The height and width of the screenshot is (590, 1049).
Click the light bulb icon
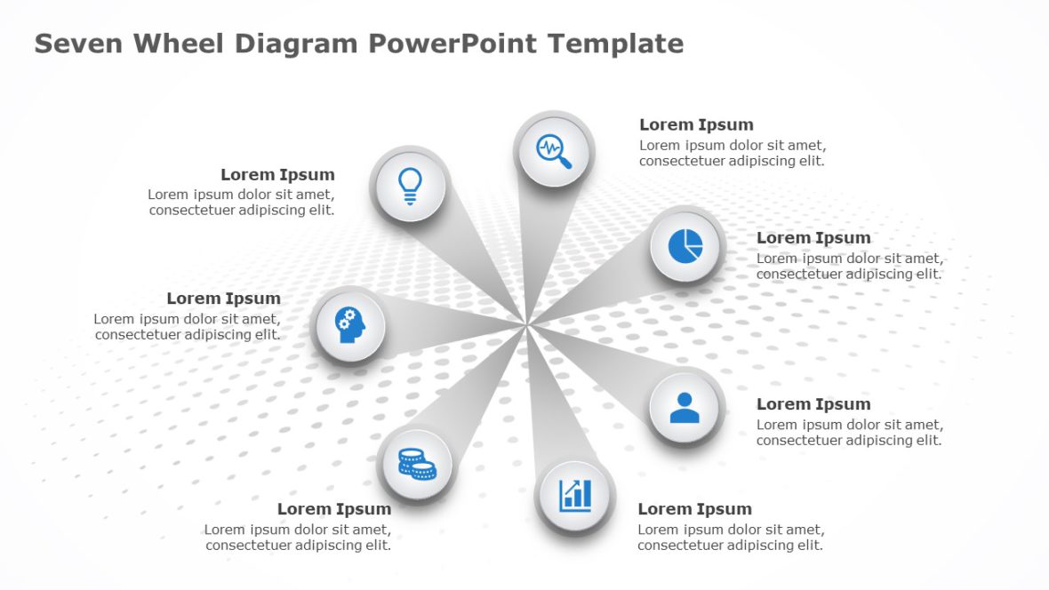pos(410,185)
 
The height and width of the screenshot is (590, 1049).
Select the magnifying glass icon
pos(554,149)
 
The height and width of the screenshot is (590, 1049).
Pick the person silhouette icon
pos(685,408)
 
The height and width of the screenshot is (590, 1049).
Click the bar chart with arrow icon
pos(575,495)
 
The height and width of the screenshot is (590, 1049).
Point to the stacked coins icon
pos(415,464)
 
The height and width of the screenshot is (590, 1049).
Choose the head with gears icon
pos(350,324)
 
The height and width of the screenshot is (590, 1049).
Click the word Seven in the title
pos(77,43)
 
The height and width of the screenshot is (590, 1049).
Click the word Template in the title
pos(616,43)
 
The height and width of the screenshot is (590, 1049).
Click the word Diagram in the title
pos(300,43)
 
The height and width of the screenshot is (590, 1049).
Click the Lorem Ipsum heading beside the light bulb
pos(277,175)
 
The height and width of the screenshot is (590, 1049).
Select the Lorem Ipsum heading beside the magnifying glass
pos(696,125)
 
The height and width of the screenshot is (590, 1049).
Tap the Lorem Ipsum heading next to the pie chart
pos(813,238)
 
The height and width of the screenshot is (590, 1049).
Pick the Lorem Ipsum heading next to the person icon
pos(813,404)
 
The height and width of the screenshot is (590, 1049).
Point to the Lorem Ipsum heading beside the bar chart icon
pos(694,509)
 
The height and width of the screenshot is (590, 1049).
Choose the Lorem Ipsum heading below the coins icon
pos(333,509)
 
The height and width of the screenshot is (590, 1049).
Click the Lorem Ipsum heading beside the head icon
pos(223,299)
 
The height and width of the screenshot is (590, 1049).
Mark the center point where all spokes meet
pos(526,325)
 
